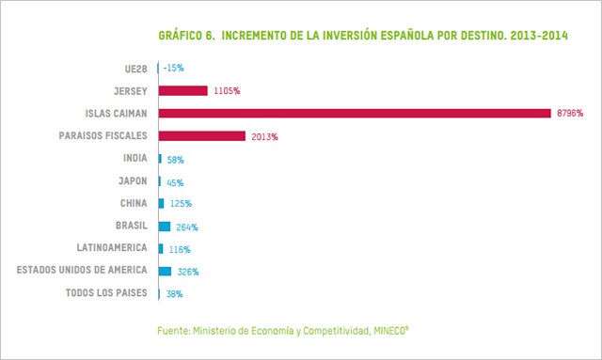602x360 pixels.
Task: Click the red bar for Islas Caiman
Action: click(354, 114)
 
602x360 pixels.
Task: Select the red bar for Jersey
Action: click(182, 91)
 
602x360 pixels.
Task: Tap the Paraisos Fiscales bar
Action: click(201, 136)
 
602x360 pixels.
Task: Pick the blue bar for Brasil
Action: click(165, 227)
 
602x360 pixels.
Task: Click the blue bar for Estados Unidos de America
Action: click(166, 272)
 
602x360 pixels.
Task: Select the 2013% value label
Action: click(263, 136)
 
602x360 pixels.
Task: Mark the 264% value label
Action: click(186, 227)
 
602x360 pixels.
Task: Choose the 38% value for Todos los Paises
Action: click(174, 294)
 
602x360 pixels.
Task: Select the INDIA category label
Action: click(135, 159)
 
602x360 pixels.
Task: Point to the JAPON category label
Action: click(132, 181)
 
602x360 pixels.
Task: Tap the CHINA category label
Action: click(133, 204)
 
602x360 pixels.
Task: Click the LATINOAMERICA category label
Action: click(112, 249)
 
